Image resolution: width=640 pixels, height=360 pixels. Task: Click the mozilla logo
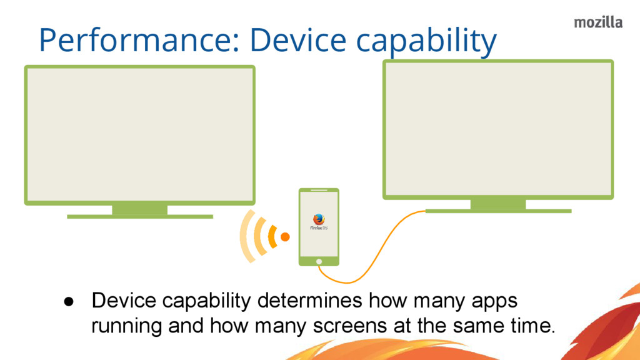point(598,22)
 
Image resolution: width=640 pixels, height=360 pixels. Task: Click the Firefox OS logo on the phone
point(319,220)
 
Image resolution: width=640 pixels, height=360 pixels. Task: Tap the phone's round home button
point(319,261)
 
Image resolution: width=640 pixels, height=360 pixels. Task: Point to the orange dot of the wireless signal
point(285,237)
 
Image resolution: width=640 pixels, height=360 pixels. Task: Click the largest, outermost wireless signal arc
point(246,237)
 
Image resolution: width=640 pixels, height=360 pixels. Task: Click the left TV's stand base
point(140,217)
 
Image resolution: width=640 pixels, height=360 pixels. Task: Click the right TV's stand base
point(498,211)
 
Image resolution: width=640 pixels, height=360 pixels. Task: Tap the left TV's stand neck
point(140,209)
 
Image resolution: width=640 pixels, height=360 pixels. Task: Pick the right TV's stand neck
point(498,204)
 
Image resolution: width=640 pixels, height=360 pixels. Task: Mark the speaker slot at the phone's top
point(319,190)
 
